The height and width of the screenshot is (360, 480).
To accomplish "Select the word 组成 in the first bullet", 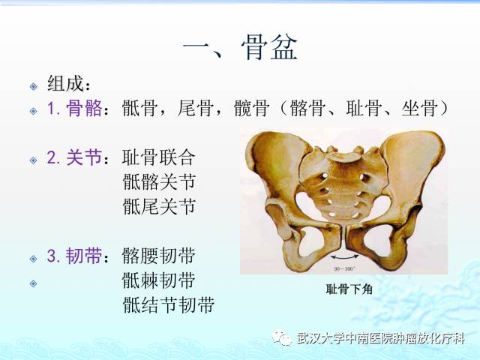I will click(64, 82).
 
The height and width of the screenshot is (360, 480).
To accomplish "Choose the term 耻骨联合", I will click(159, 157).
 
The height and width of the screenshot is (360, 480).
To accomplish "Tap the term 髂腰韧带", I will click(159, 256).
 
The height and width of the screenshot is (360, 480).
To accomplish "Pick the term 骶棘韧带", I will click(159, 280).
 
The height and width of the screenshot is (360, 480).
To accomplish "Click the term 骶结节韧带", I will click(169, 304).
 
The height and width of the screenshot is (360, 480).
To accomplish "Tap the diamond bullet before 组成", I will click(33, 85).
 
